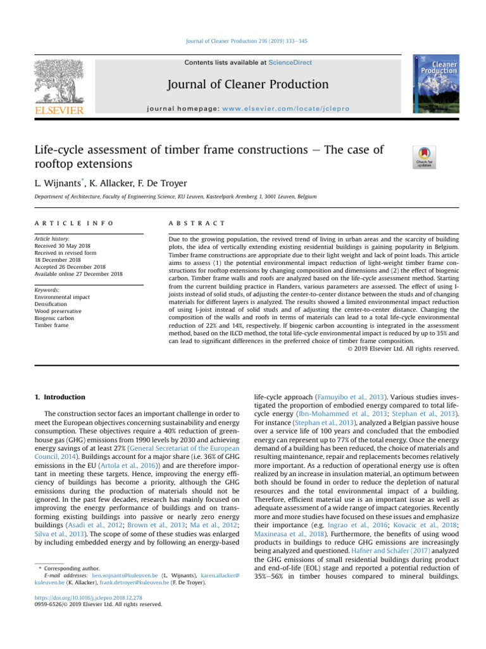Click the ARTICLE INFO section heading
[x=75, y=223]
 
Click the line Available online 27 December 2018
[x=78, y=274]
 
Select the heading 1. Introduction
[x=60, y=397]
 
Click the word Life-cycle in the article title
[x=62, y=150]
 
